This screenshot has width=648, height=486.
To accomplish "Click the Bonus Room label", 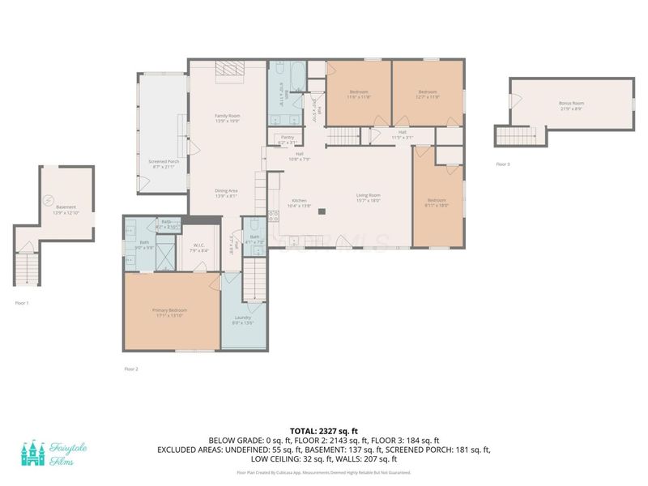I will click(x=571, y=104).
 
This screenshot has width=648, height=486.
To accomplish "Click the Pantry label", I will click(x=287, y=138).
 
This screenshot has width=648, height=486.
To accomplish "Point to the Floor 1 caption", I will click(x=22, y=303).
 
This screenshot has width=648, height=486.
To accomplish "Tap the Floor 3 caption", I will click(x=503, y=164).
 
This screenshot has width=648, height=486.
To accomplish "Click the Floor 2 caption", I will click(x=131, y=369).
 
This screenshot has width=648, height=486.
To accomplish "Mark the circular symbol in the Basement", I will click(x=46, y=200).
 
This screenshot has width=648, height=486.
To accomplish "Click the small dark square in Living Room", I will click(x=322, y=211).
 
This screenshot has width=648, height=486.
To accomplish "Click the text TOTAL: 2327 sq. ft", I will click(x=324, y=430).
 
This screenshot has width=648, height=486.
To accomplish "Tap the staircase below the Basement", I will click(x=26, y=268).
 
